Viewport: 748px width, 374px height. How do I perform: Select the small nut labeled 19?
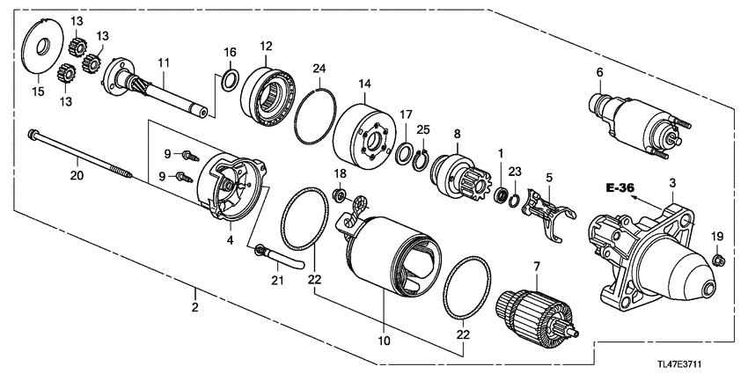[x=718, y=259]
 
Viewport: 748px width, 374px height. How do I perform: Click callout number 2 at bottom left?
[x=194, y=307]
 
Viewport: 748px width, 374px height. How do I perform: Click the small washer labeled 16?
[x=229, y=83]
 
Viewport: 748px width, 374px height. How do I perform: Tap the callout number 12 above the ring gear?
[x=266, y=45]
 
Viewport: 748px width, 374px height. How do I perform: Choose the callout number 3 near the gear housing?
[x=672, y=182]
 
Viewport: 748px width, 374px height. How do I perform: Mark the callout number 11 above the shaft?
[x=163, y=62]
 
